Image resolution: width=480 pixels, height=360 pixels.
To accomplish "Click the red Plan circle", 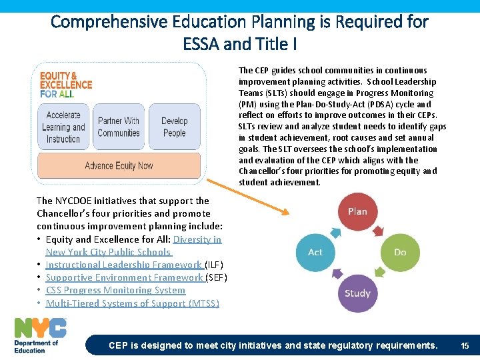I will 357,211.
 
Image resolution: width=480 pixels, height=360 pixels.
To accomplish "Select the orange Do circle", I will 400,252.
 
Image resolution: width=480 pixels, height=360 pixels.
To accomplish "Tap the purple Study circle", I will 357,293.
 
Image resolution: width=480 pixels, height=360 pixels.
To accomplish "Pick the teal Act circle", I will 315,252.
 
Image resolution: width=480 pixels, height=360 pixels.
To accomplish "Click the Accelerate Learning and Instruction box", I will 63,127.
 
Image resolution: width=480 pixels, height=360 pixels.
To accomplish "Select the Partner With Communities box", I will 119,127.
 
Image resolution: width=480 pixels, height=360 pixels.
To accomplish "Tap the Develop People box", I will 174,127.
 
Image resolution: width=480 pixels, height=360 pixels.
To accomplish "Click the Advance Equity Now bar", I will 119,165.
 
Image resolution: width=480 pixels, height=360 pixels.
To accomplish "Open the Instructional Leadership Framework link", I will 124,265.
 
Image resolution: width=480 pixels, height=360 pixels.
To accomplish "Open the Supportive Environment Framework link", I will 124,277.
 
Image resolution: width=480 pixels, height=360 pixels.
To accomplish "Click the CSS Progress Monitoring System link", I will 115,290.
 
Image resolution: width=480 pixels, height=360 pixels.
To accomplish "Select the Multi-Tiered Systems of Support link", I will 132,303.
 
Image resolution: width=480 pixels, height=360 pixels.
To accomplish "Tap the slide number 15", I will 465,345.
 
